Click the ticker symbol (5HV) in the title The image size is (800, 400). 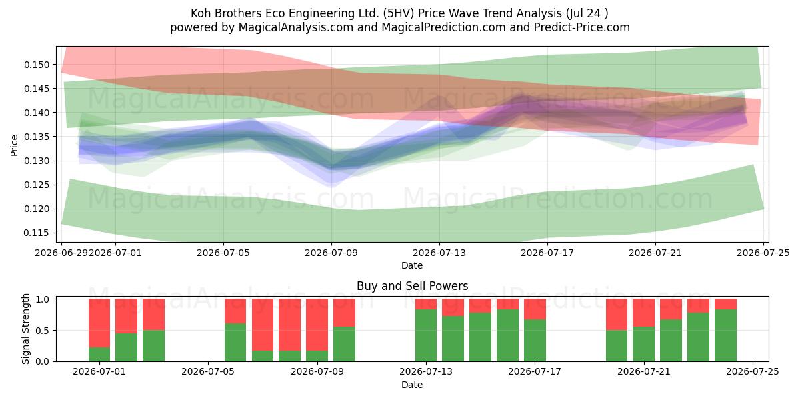tap(399, 13)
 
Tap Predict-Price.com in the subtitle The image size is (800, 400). tap(582, 27)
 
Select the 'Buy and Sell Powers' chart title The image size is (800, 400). tap(412, 286)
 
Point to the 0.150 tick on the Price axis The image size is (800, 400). tap(37, 65)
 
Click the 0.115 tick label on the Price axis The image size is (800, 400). tap(37, 233)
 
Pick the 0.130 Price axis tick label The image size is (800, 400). tap(37, 161)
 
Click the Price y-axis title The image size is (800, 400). tap(14, 145)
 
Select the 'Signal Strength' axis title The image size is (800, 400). tap(25, 329)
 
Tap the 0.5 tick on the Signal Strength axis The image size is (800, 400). tap(44, 331)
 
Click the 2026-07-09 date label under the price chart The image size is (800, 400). tap(331, 253)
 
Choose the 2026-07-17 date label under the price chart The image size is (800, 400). tap(547, 253)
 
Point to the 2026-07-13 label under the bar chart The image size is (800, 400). tap(426, 371)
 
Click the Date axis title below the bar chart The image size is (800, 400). tap(412, 385)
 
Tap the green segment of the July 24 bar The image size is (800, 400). tap(725, 335)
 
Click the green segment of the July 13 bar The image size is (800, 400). tap(426, 335)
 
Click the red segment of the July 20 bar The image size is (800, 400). tap(643, 313)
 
